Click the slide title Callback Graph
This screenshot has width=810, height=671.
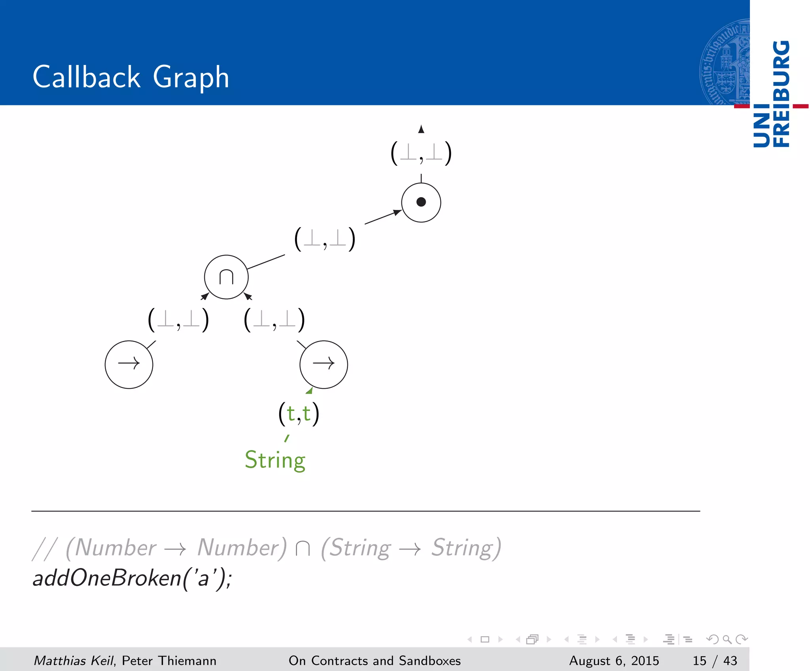coord(131,77)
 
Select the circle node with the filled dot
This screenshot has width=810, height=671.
coord(421,202)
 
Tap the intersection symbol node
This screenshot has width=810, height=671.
coord(226,277)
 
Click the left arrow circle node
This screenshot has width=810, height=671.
coord(129,364)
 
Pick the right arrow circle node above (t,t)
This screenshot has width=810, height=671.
coord(324,364)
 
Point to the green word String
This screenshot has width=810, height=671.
coord(275,460)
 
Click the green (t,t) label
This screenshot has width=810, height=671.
coord(299,414)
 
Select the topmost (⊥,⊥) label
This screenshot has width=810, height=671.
coord(421,154)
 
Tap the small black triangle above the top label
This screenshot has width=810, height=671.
coord(421,129)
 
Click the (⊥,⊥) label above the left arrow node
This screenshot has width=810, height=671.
coord(178,320)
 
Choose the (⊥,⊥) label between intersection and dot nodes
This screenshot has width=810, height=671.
coord(325,239)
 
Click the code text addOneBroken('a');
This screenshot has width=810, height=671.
coord(132,578)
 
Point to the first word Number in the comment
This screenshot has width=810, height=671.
coord(115,548)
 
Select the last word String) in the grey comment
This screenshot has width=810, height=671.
coord(466,548)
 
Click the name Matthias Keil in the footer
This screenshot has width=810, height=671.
coord(74,661)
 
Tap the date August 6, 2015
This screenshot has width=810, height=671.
coord(614,661)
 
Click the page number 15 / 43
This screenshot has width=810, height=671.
coord(715,661)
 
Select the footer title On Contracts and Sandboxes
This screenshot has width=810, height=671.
coord(375,661)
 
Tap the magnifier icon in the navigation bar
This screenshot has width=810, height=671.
coord(727,639)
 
